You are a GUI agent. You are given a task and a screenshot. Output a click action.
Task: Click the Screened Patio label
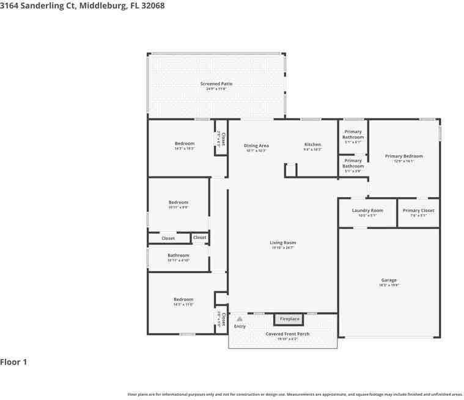pyautogui.click(x=216, y=84)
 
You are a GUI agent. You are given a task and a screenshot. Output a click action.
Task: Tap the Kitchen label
pyautogui.click(x=312, y=145)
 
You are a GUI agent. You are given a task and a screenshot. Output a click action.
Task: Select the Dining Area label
pyautogui.click(x=257, y=145)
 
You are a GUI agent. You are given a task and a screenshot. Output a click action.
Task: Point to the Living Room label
pyautogui.click(x=283, y=242)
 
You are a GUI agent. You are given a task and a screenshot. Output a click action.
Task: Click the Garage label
pyautogui.click(x=389, y=280)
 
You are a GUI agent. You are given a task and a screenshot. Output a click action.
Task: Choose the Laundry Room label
pyautogui.click(x=367, y=211)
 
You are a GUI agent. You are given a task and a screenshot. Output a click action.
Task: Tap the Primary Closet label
pyautogui.click(x=418, y=211)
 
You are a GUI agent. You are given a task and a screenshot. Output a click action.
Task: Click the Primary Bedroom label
pyautogui.click(x=403, y=156)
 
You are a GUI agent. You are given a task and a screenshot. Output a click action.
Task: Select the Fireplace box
pyautogui.click(x=290, y=319)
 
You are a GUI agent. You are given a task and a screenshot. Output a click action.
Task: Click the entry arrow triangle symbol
pyautogui.click(x=240, y=319)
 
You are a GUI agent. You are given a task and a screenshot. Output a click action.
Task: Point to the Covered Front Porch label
pyautogui.click(x=287, y=334)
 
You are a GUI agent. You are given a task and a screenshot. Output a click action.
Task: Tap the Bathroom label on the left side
pyautogui.click(x=179, y=255)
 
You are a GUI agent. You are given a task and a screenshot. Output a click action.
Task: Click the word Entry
pyautogui.click(x=240, y=326)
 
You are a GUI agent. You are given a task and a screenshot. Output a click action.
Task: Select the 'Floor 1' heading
pyautogui.click(x=13, y=362)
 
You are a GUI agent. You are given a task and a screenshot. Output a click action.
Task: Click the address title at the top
pyautogui.click(x=82, y=5)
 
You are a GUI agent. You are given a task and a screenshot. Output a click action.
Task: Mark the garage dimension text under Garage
pyautogui.click(x=389, y=285)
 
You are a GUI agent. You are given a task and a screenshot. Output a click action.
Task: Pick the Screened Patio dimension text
pyautogui.click(x=216, y=89)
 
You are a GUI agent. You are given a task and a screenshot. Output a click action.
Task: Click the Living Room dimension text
pyautogui.click(x=283, y=248)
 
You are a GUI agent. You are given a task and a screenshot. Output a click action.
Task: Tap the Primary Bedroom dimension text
pyautogui.click(x=403, y=161)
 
